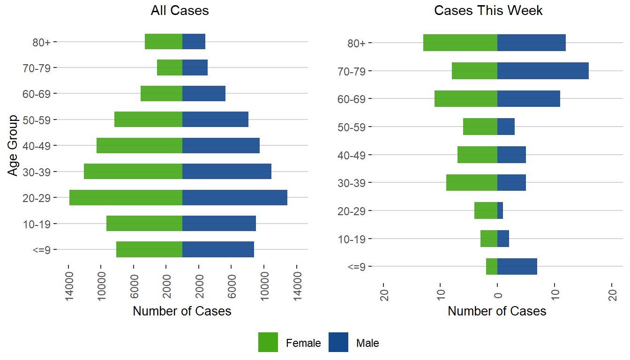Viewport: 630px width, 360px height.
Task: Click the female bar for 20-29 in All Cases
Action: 126,197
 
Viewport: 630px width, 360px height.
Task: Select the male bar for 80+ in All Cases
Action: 194,42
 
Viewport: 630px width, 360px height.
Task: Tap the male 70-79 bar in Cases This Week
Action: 543,71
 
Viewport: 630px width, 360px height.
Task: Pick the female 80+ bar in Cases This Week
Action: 460,43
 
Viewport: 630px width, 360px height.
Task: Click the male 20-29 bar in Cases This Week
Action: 500,210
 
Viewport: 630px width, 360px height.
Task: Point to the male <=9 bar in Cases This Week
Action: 517,266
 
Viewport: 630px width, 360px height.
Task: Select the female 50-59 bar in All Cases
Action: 148,120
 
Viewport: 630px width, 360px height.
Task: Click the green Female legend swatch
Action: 268,342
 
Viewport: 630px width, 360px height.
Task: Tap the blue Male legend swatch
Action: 338,342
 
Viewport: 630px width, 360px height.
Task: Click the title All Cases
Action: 180,11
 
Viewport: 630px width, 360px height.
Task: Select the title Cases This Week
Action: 488,11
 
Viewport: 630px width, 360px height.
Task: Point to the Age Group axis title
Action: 14,145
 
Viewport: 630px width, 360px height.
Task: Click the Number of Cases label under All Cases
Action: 182,311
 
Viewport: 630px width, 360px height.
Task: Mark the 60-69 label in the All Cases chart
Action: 39,94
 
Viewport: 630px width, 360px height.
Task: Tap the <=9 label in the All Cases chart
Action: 42,249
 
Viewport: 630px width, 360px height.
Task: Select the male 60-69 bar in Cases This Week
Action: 529,99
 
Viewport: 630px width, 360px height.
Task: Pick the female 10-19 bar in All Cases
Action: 144,224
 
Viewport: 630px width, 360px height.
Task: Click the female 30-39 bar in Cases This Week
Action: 472,182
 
